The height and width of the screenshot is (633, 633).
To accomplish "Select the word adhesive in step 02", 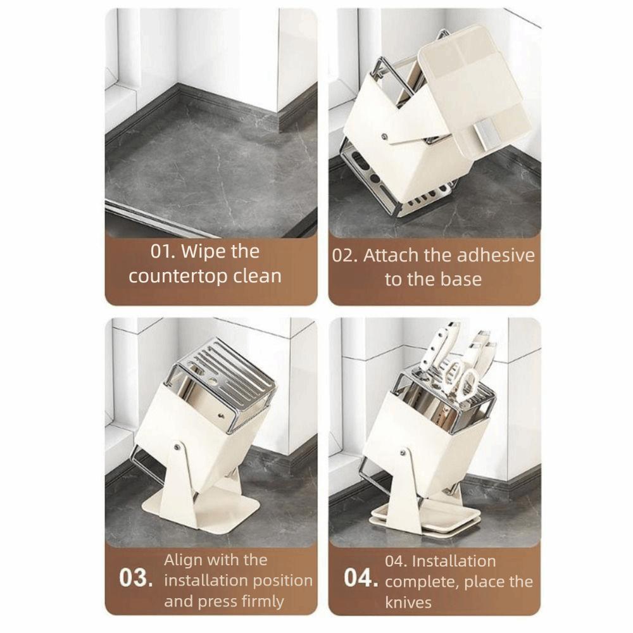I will click(x=495, y=255).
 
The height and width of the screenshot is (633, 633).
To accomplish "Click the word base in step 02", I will click(x=462, y=279).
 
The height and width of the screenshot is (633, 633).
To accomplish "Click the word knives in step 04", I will click(x=408, y=602).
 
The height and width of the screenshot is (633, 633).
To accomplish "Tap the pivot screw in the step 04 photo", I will click(x=404, y=452).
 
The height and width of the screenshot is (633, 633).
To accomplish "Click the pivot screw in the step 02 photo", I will click(x=384, y=135).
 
